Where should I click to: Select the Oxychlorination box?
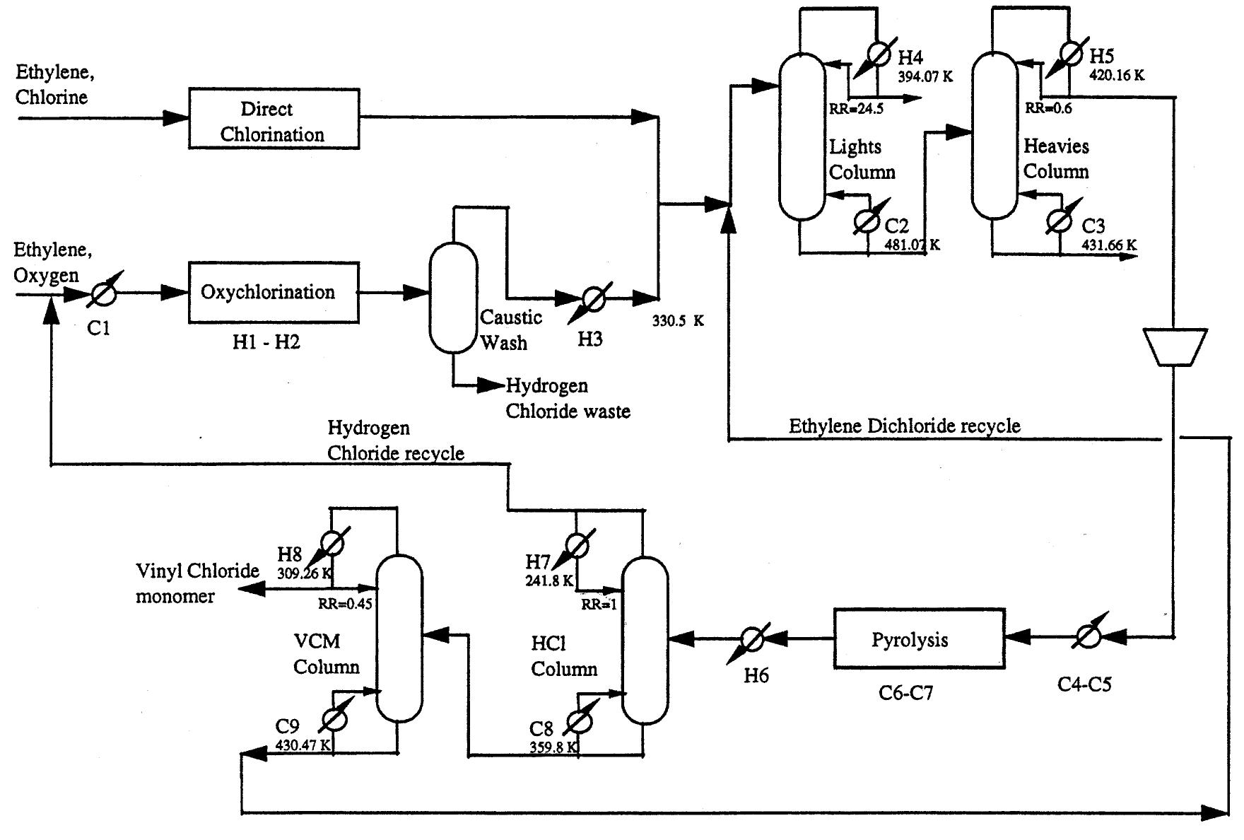click(274, 292)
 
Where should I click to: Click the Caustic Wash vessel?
click(454, 297)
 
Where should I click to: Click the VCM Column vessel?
click(399, 638)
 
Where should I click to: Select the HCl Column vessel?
click(645, 640)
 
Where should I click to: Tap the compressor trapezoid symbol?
click(1175, 347)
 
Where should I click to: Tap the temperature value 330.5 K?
click(678, 321)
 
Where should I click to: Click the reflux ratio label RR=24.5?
click(856, 109)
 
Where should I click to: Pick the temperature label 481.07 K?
click(912, 245)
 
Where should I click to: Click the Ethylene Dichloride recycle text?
click(904, 426)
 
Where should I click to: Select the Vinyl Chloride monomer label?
click(197, 583)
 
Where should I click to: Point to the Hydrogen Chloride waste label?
click(567, 398)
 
